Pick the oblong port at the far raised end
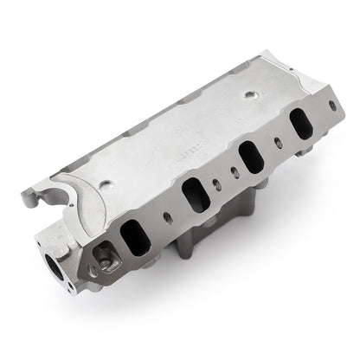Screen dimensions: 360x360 click(x=300, y=124)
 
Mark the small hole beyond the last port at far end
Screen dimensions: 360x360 click(x=321, y=112)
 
